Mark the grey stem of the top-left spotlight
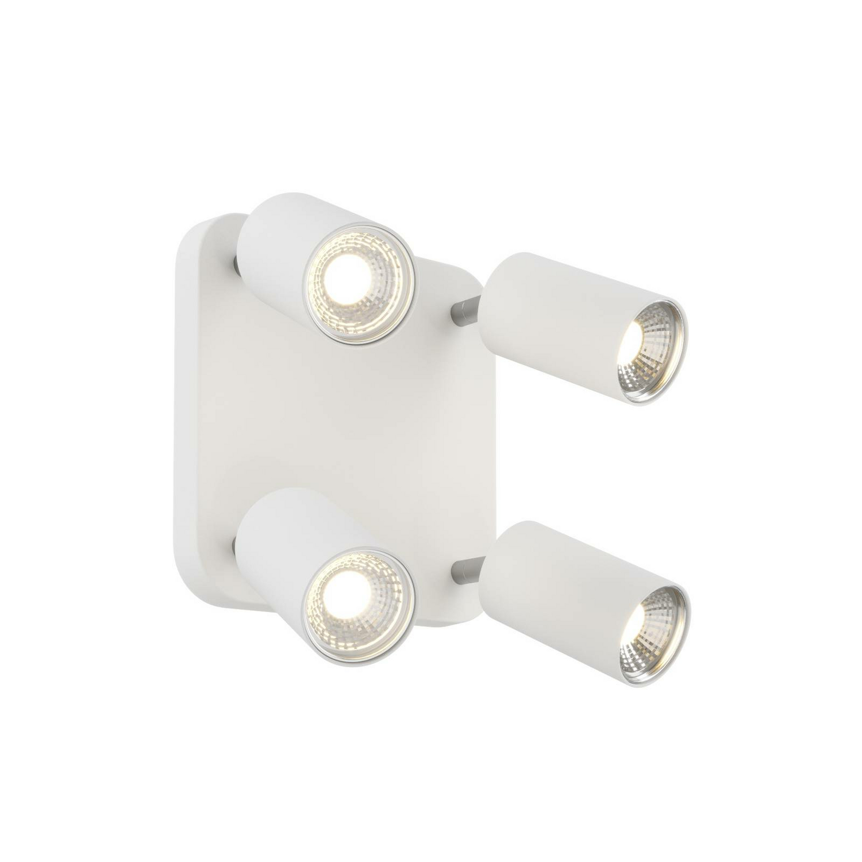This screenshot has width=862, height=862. (236, 264)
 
